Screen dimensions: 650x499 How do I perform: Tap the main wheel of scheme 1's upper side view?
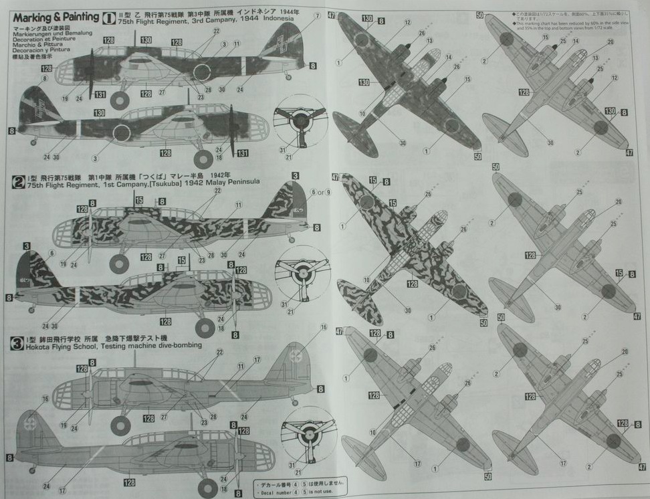[120, 100]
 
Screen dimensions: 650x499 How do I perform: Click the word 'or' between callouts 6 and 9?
[320, 192]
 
